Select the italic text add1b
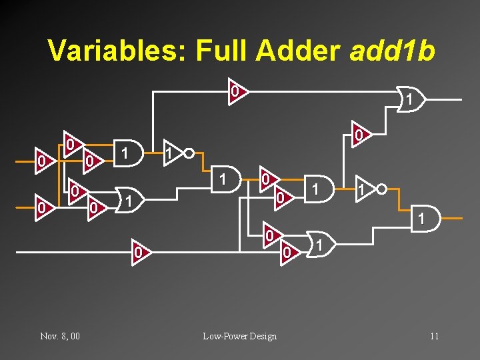394,51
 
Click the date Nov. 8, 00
60,336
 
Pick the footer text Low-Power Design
240,336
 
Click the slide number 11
434,336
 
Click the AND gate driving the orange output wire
425,219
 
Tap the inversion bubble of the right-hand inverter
381,189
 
